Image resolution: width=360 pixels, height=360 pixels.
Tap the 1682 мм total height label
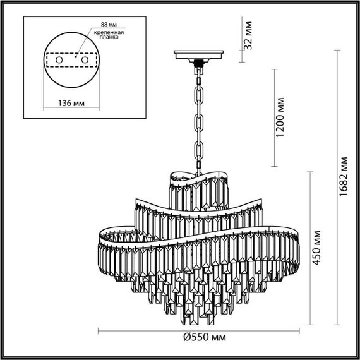343,178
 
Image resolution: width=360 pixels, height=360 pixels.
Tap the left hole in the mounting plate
59,59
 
